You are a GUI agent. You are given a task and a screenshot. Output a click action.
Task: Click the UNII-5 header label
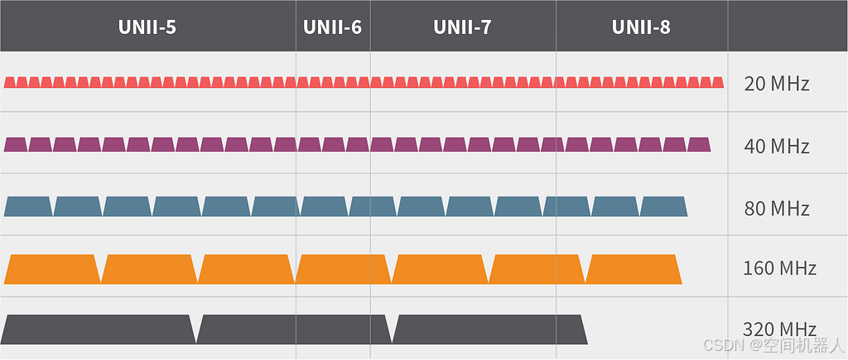pos(147,27)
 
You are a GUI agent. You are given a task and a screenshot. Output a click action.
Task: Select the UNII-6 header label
pos(332,27)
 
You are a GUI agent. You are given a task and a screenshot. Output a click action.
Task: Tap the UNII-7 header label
pos(462,27)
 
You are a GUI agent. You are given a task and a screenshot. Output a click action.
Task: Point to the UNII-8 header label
pos(641,27)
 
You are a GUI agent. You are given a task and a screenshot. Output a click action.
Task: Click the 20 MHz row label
pos(776,84)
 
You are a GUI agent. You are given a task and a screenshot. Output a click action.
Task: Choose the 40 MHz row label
pos(776,146)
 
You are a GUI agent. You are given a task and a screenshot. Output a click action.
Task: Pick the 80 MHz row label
pos(776,208)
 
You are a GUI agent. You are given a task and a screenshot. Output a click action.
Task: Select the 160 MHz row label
pos(779,269)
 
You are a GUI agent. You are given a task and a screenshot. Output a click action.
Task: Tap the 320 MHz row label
pos(779,328)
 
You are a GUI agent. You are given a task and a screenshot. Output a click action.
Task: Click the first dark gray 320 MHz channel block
pos(99,329)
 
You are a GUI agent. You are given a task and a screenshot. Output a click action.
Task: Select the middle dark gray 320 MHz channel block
pos(294,329)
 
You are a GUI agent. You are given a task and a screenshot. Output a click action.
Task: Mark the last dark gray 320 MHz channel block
pos(489,329)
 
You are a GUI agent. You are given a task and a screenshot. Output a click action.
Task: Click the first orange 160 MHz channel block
pos(51,269)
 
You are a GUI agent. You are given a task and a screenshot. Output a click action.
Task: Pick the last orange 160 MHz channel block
pos(634,269)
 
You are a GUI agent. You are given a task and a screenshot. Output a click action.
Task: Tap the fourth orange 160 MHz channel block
pos(343,269)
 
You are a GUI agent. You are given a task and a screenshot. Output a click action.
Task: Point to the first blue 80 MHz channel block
pos(28,207)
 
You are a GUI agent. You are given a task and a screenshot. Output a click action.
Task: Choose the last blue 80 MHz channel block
pos(663,207)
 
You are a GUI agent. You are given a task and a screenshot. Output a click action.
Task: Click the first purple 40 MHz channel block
pos(16,144)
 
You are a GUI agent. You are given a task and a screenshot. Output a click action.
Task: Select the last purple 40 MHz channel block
pos(699,144)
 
